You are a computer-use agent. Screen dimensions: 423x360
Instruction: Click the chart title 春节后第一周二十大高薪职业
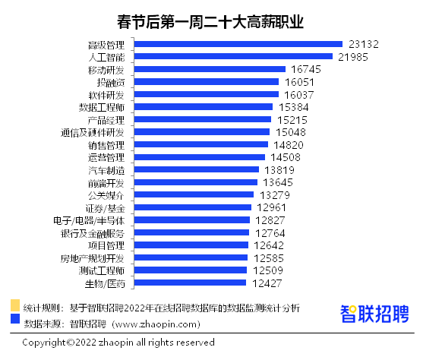(210, 22)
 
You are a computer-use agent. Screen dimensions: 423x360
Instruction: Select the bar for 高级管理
(238, 44)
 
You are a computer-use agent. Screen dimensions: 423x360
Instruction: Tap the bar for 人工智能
(233, 56)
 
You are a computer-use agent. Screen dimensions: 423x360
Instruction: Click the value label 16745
(306, 69)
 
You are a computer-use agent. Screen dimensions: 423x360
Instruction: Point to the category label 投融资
(111, 82)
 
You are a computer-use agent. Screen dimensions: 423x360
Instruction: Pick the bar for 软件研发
(207, 94)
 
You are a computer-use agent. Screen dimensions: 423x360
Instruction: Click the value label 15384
(293, 107)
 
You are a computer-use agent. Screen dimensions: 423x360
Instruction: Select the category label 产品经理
(106, 120)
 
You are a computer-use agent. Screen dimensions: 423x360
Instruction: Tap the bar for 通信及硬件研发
(202, 131)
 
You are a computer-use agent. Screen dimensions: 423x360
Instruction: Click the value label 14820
(289, 145)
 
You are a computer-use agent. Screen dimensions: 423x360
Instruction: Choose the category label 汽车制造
(106, 170)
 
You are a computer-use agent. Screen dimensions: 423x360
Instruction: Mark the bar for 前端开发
(196, 182)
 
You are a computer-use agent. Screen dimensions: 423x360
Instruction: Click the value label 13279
(275, 195)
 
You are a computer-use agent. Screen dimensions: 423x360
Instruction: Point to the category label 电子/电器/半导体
(89, 221)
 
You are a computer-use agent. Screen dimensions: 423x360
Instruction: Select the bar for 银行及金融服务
(191, 232)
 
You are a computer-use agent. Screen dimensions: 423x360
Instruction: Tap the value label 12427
(267, 283)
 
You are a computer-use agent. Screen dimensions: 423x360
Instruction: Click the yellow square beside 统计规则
(15, 305)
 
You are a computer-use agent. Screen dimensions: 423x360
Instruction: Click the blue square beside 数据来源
(15, 318)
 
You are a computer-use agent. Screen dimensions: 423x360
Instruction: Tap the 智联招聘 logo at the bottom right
(374, 314)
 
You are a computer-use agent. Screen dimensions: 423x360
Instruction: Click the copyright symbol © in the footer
(71, 343)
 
